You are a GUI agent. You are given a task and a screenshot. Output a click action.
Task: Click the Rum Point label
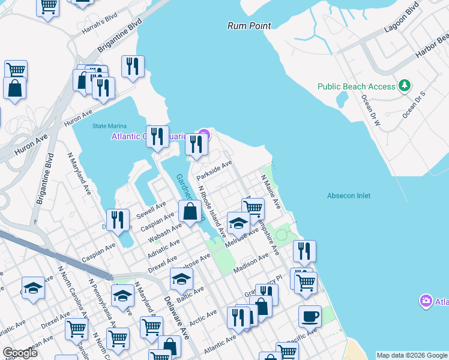click(x=249, y=26)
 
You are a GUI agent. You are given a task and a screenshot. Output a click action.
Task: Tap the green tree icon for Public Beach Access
click(x=405, y=86)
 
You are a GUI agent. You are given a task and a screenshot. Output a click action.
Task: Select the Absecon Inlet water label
click(x=349, y=196)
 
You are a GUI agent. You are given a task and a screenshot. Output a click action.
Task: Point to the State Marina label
click(x=107, y=126)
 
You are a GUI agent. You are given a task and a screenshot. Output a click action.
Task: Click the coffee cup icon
click(x=310, y=316)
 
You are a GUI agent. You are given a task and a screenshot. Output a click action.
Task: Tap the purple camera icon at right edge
click(x=426, y=300)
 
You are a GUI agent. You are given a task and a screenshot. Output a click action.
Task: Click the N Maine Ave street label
click(x=271, y=192)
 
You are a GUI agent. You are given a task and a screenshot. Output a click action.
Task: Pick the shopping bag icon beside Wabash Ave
click(x=190, y=211)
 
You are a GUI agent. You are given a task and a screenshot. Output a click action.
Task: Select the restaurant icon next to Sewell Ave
click(x=117, y=220)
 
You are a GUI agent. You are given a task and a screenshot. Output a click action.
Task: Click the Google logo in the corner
click(x=20, y=352)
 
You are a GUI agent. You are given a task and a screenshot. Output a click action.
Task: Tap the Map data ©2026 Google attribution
click(x=411, y=355)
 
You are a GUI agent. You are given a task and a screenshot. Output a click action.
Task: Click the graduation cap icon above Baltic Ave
click(x=181, y=278)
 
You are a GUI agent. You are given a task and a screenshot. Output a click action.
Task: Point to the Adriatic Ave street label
click(x=163, y=247)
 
